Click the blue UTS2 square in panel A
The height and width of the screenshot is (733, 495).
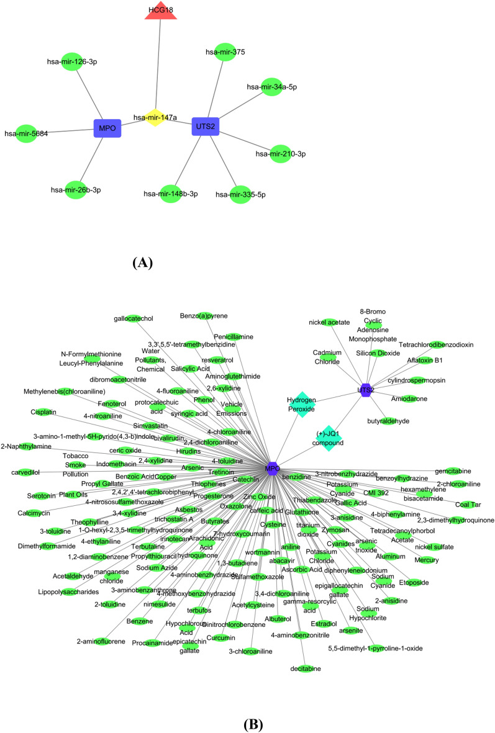(x=206, y=126)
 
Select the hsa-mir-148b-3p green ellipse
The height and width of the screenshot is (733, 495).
(x=171, y=194)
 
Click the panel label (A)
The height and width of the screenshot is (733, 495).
(x=142, y=263)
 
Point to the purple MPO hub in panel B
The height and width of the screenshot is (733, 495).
(x=271, y=469)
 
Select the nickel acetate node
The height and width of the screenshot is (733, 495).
(x=330, y=322)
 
